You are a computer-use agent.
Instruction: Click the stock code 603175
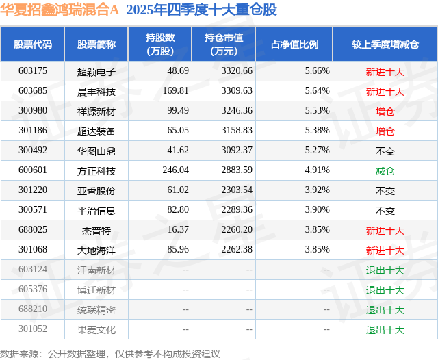click(33, 71)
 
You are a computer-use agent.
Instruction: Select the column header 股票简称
click(96, 44)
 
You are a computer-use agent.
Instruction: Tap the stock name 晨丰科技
click(96, 92)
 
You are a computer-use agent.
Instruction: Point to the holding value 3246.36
click(237, 111)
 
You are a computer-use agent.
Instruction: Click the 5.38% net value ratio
click(317, 131)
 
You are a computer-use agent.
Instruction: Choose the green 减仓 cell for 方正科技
click(385, 171)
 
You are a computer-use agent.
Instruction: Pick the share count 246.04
click(175, 170)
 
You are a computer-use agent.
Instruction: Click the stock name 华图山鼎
click(96, 151)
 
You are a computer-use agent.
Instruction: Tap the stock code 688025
click(33, 229)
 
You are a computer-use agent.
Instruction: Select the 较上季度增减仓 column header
click(385, 44)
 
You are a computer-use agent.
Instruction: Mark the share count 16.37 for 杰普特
click(178, 229)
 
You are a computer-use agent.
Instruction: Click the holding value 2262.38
click(237, 249)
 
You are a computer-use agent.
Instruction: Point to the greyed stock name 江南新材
click(96, 270)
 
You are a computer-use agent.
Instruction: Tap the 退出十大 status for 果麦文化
click(385, 330)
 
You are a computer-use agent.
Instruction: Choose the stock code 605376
click(33, 289)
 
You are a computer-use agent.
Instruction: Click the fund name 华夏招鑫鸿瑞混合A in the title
click(60, 10)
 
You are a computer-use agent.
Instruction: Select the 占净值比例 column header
click(294, 44)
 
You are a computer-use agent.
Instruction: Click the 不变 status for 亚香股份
click(385, 191)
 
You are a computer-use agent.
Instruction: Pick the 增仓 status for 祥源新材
click(385, 112)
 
